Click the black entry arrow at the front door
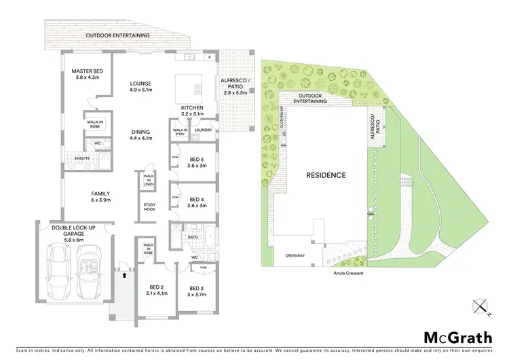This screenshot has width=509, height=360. coord(124,276)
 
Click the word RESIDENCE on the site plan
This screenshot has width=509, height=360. coord(326,175)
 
